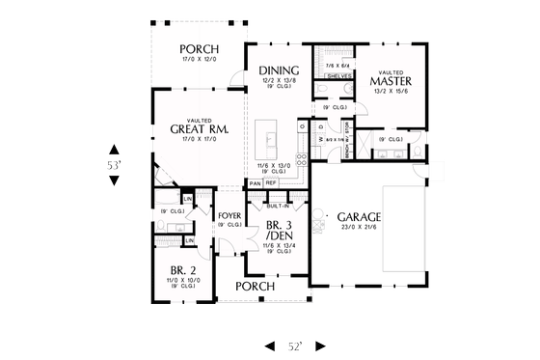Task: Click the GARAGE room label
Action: point(358,216)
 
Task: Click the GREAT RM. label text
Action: point(198,128)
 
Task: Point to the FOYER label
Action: point(229,215)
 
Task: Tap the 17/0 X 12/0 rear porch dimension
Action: point(199,60)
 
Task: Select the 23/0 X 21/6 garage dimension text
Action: point(358,229)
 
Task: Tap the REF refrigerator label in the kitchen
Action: point(271,182)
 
